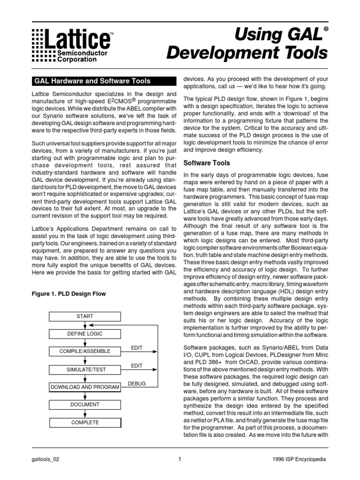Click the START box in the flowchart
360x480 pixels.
click(85, 316)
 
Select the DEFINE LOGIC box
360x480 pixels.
click(85, 334)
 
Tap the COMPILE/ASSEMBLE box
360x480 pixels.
click(85, 351)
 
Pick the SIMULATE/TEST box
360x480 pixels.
click(85, 369)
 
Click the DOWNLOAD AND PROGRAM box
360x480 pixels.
click(85, 387)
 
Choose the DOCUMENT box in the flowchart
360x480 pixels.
click(85, 405)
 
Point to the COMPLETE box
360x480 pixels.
click(85, 422)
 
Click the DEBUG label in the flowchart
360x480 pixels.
click(137, 383)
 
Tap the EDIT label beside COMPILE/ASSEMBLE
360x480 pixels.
click(137, 347)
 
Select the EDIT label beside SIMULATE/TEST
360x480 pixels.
click(137, 365)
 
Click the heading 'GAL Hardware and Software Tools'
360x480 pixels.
click(88, 81)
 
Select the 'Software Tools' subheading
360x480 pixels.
click(206, 163)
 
